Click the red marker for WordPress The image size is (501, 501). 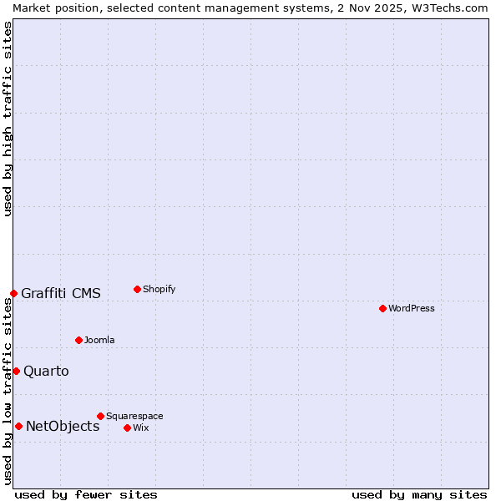coord(382,308)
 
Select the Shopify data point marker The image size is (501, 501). coord(137,289)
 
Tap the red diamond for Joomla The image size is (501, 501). coord(78,340)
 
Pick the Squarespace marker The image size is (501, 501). coord(100,416)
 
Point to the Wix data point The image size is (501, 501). coord(127,428)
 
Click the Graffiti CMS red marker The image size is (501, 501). coord(13,293)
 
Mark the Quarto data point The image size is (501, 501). coord(16,371)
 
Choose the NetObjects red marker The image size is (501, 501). coord(18,426)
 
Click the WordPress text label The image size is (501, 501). coord(411,308)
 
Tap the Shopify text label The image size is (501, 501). coord(159,289)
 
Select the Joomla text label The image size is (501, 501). coord(99,340)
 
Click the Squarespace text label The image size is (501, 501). coord(134,416)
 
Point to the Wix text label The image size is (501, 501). coord(140,428)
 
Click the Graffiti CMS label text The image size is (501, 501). coord(61,293)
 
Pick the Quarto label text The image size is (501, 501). coord(46,371)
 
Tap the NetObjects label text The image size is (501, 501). coord(63,426)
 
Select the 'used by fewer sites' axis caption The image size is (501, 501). coord(86,494)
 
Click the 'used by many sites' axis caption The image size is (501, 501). coord(419,494)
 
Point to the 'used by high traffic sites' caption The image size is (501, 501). coord(8,119)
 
